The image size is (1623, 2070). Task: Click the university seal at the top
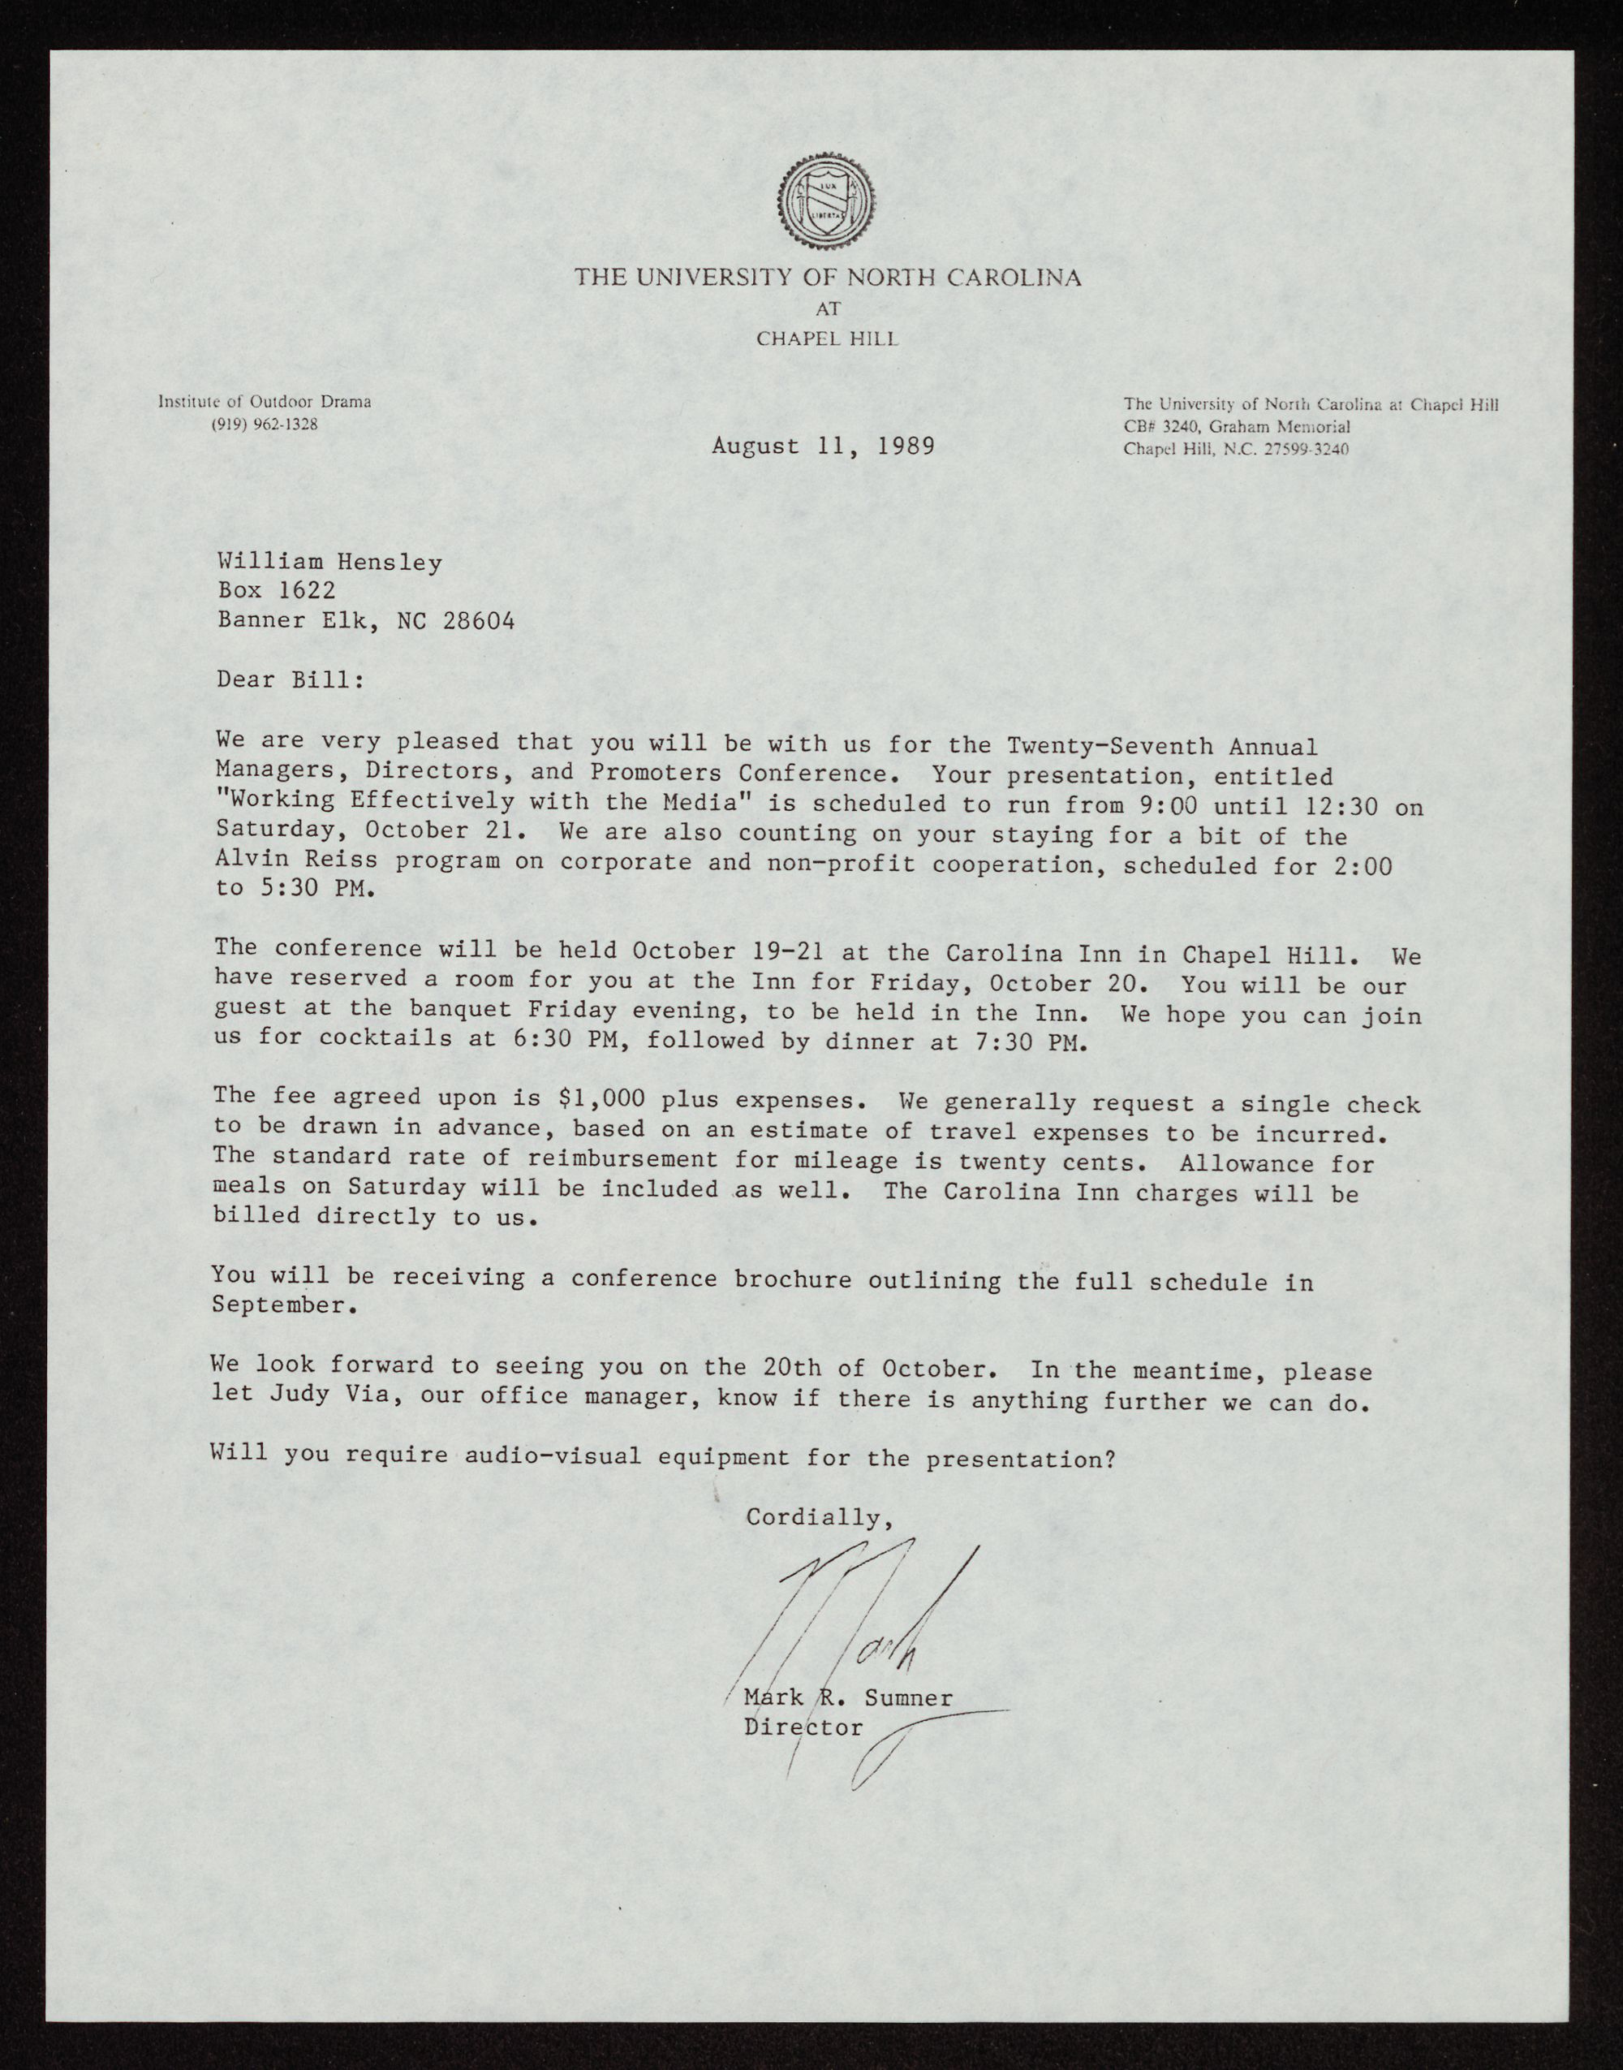point(826,200)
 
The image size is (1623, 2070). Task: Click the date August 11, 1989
point(823,445)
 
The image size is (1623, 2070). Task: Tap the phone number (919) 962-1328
point(265,424)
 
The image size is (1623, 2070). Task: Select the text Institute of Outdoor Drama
point(265,401)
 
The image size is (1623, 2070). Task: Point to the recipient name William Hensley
point(329,563)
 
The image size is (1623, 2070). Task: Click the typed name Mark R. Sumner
point(847,1697)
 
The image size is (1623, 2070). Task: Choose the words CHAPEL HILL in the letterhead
point(826,339)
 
